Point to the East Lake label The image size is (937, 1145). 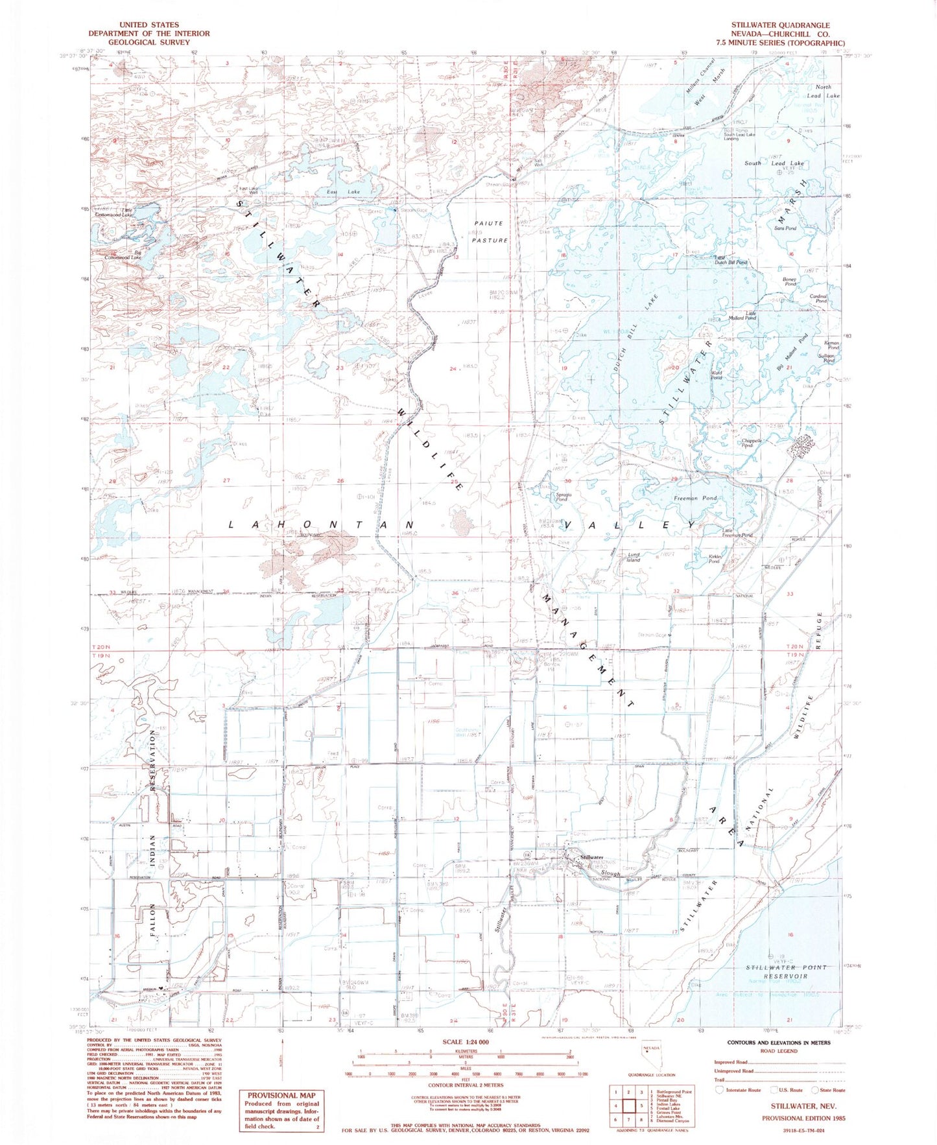[343, 192]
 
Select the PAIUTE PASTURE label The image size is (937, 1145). [490, 231]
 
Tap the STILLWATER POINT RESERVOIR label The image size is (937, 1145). [786, 971]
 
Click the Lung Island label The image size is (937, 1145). [633, 557]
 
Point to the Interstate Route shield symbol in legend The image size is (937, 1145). [718, 1090]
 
